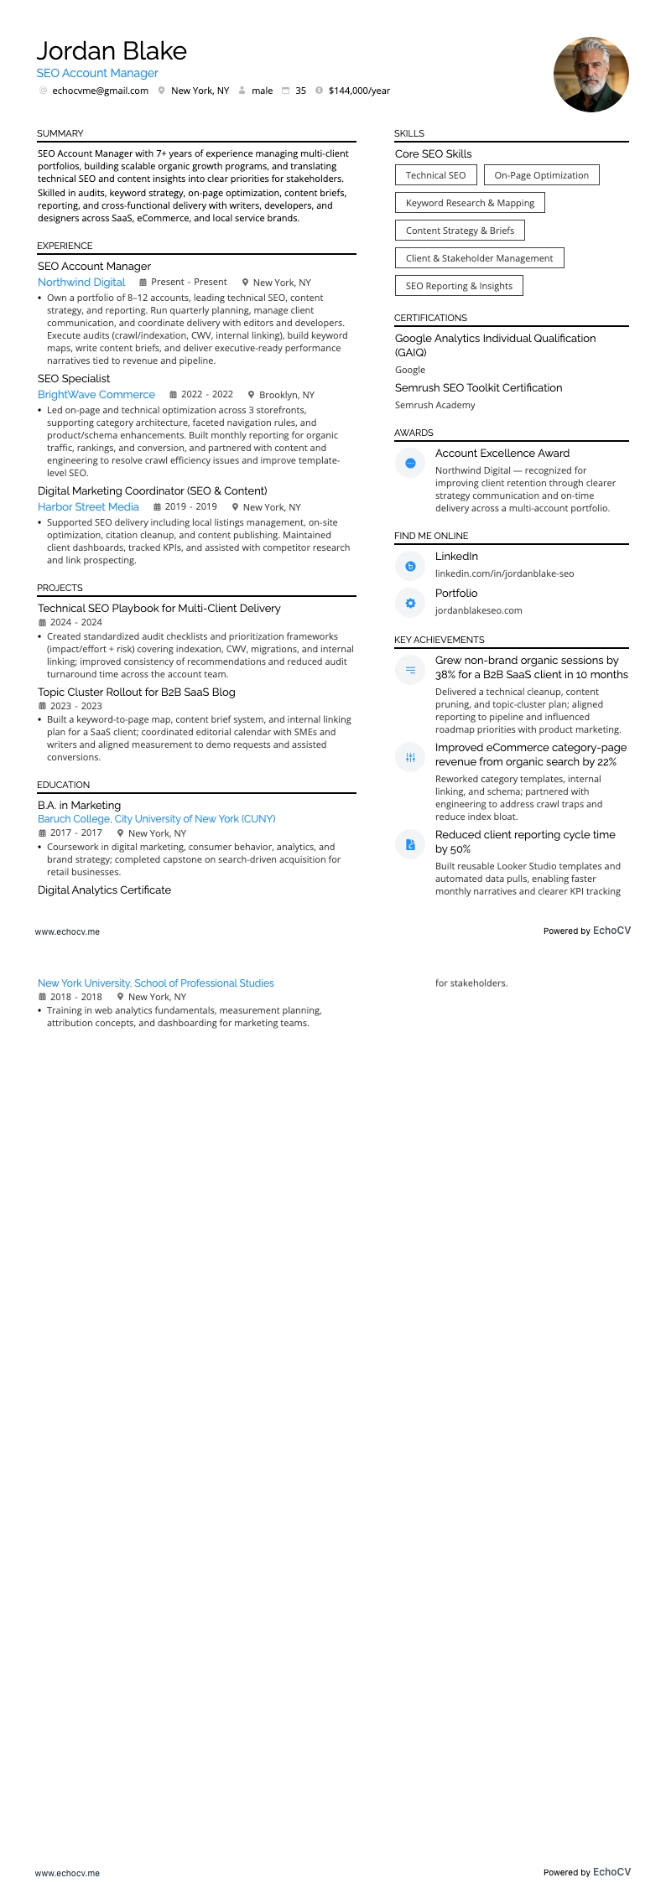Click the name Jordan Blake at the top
pyautogui.click(x=112, y=51)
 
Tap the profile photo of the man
pyautogui.click(x=591, y=75)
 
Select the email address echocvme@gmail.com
pyautogui.click(x=100, y=91)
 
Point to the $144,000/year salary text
pyautogui.click(x=359, y=91)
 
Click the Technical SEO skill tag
pyautogui.click(x=435, y=175)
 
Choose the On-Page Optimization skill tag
pyautogui.click(x=541, y=175)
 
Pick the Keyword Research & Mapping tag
pyautogui.click(x=470, y=203)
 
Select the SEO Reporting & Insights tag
pyautogui.click(x=459, y=286)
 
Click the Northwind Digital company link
pyautogui.click(x=81, y=283)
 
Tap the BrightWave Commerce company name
pyautogui.click(x=96, y=395)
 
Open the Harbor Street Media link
pyautogui.click(x=88, y=507)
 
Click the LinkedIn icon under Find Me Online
pyautogui.click(x=410, y=567)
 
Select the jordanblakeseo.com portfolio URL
pyautogui.click(x=478, y=610)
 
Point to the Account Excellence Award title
pyautogui.click(x=502, y=454)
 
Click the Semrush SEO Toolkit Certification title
pyautogui.click(x=478, y=388)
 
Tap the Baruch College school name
pyautogui.click(x=156, y=819)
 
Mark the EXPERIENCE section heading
pyautogui.click(x=65, y=246)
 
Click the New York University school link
pyautogui.click(x=155, y=983)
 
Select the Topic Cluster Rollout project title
pyautogui.click(x=136, y=693)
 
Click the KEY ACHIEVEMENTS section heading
pyautogui.click(x=439, y=640)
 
